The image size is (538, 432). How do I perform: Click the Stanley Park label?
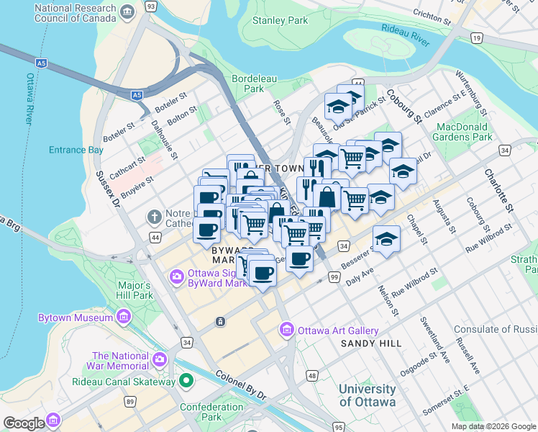click(280, 21)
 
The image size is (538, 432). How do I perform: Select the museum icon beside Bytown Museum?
click(124, 317)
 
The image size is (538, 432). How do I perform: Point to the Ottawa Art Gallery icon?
click(286, 330)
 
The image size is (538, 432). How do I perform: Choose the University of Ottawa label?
click(367, 395)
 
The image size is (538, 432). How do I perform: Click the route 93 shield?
click(150, 6)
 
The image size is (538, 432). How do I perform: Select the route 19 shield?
click(477, 37)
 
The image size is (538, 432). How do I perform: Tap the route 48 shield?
click(311, 375)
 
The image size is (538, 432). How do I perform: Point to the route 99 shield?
click(334, 277)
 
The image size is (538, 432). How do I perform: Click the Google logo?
click(24, 423)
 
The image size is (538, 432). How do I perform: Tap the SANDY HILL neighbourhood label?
click(371, 343)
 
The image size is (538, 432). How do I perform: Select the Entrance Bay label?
click(76, 150)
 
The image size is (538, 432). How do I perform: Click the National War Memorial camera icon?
click(160, 359)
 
